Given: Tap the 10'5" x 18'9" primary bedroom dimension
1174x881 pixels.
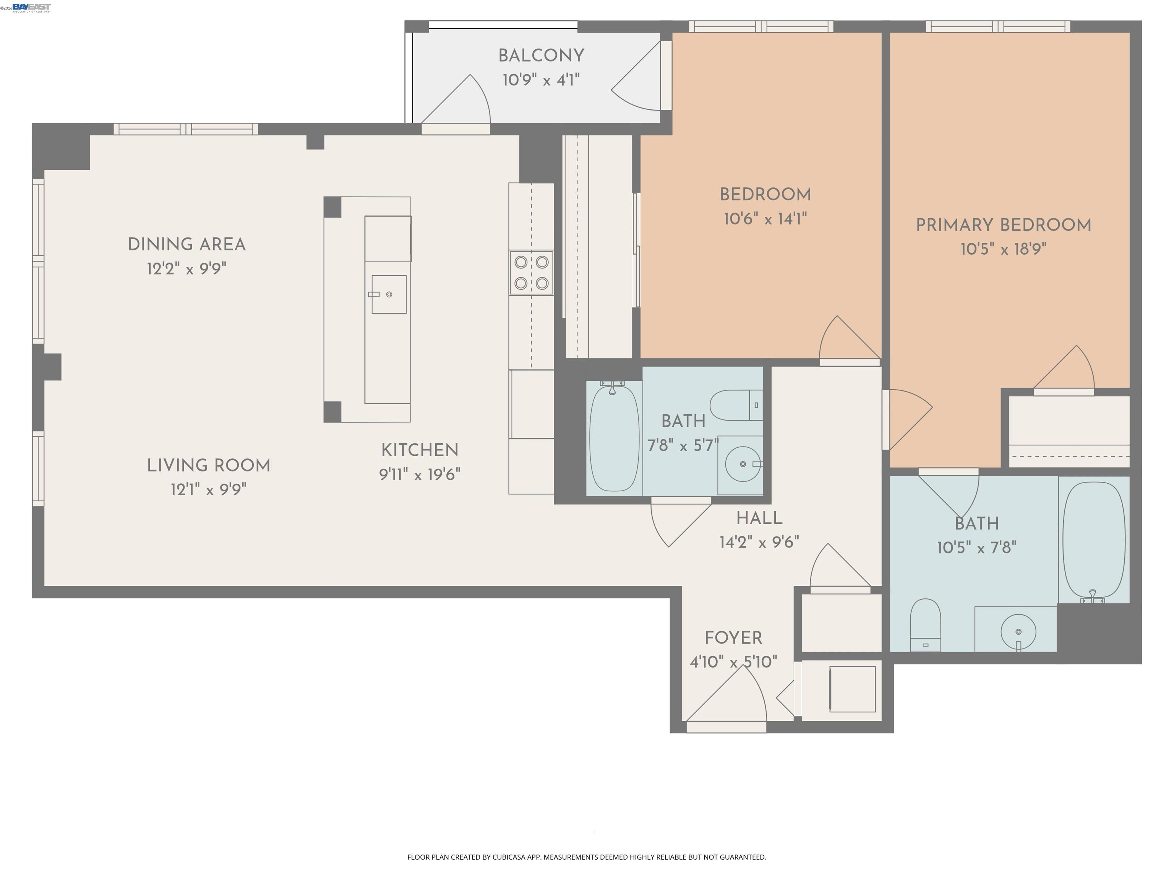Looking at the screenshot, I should (1003, 249).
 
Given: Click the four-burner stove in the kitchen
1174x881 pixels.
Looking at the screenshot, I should (531, 272).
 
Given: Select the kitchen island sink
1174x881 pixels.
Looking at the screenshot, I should (389, 294).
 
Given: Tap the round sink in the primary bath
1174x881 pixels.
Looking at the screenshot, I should (1018, 631).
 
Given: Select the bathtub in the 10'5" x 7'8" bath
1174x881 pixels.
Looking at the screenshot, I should (1094, 539).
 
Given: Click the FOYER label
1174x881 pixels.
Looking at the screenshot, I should (733, 638).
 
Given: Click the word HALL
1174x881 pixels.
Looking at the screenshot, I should (759, 518).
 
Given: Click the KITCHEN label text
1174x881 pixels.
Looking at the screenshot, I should (419, 450).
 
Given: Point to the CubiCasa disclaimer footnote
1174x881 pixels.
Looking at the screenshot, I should (587, 857).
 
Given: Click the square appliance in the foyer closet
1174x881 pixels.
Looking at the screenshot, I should (852, 689).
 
